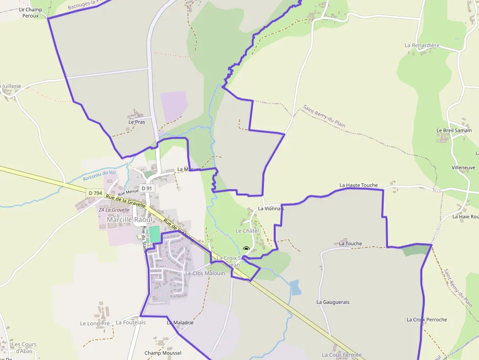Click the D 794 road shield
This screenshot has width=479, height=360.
click(95, 193)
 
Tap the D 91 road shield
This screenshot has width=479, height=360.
click(147, 188)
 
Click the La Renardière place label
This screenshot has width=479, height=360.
click(422, 45)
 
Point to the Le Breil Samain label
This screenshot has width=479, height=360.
click(454, 130)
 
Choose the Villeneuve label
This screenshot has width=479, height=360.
click(463, 168)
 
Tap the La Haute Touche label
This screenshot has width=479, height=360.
click(358, 186)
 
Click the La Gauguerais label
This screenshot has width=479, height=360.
click(333, 302)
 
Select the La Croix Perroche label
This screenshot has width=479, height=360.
click(427, 319)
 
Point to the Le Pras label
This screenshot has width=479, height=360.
click(137, 122)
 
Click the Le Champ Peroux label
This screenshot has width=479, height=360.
click(30, 13)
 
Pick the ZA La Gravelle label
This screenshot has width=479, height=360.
click(114, 210)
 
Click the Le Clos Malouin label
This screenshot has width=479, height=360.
click(205, 273)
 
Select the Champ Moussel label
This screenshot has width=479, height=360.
click(163, 353)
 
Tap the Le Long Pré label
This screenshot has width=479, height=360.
click(95, 323)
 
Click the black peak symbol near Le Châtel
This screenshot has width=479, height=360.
click(246, 249)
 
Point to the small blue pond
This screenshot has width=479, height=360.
click(295, 288)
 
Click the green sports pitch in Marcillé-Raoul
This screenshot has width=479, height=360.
click(154, 234)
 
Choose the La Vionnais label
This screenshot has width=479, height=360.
click(271, 209)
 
